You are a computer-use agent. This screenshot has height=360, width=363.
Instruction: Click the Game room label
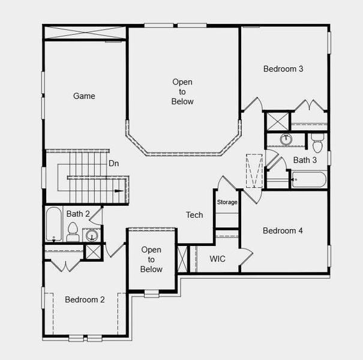[x=84, y=96]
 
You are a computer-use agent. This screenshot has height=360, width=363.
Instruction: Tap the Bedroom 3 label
[x=283, y=69]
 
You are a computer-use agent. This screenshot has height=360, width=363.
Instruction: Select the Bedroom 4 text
[x=283, y=230]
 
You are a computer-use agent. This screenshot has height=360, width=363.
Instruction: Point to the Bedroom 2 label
[x=85, y=299]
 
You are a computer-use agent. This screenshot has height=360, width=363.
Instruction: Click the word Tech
[x=194, y=215]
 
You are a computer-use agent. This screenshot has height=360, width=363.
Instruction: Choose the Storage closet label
[x=227, y=202]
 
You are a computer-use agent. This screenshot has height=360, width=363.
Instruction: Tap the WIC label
[x=217, y=259]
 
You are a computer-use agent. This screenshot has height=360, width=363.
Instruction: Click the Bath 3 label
[x=305, y=160]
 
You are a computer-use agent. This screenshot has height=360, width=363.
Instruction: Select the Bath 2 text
[x=78, y=214]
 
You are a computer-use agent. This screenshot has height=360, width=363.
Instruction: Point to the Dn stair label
[x=114, y=163]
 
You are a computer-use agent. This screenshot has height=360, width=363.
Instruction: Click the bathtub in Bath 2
[x=54, y=224]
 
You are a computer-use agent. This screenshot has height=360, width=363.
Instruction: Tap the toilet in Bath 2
[x=73, y=232]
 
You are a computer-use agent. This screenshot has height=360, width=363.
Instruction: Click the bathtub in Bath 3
[x=308, y=179]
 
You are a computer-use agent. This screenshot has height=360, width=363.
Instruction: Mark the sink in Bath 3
[x=286, y=140]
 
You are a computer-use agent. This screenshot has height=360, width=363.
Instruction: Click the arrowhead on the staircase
[x=119, y=191]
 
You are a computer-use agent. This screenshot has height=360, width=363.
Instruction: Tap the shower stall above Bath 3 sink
[x=277, y=121]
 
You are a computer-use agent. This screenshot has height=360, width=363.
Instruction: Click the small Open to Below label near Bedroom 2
[x=151, y=260]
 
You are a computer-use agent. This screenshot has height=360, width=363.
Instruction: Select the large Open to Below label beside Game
[x=182, y=92]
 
